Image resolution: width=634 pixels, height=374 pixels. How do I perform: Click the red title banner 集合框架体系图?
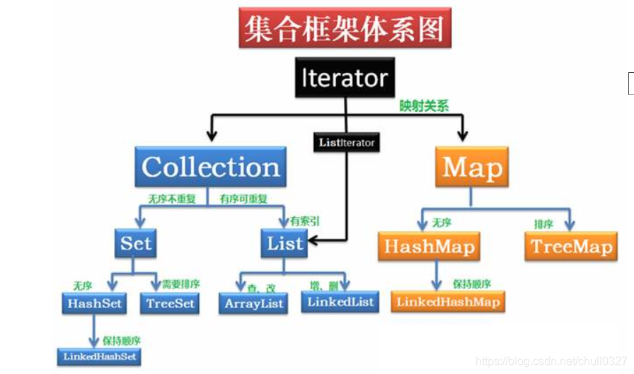tap(345, 28)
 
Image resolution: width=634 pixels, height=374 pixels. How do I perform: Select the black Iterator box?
tap(345, 77)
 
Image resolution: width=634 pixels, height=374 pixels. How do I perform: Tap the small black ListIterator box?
tap(346, 142)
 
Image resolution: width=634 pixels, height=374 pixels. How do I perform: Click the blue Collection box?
tap(210, 168)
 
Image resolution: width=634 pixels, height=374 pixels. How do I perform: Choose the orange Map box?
tap(472, 168)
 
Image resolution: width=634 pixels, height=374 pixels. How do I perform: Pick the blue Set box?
tap(135, 244)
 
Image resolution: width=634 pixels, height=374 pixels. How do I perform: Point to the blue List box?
tap(284, 244)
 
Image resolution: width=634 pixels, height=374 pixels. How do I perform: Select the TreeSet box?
tap(170, 304)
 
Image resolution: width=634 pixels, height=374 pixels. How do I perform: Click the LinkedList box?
tap(340, 302)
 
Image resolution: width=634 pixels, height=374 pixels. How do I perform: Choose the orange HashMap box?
tap(428, 246)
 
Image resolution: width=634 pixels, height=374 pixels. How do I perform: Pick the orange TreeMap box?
tap(572, 246)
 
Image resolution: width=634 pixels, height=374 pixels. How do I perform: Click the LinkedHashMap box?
tap(448, 302)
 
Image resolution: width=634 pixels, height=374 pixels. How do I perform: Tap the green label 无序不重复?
tap(171, 199)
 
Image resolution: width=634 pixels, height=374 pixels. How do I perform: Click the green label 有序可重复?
tap(243, 199)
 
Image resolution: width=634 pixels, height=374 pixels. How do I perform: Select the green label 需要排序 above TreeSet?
tap(180, 284)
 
